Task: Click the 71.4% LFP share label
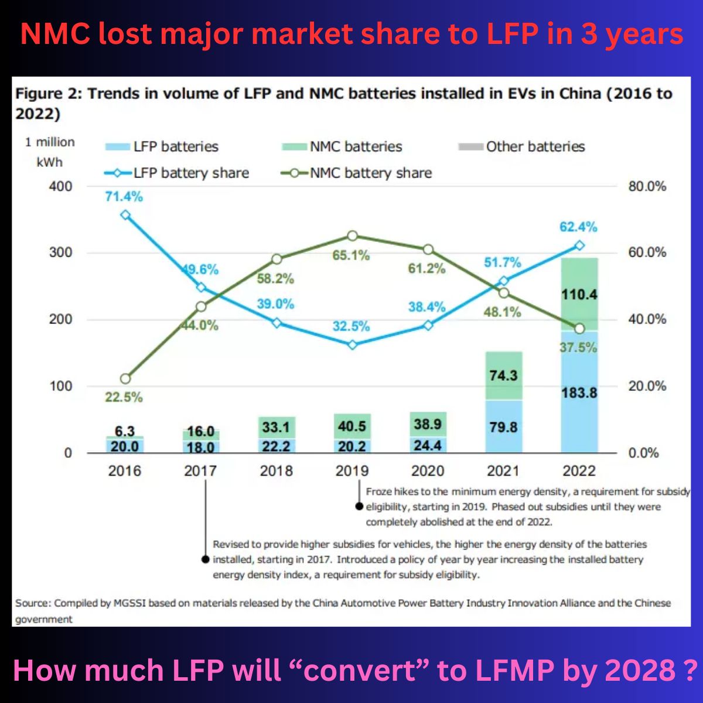(x=124, y=197)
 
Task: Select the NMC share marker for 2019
(x=352, y=236)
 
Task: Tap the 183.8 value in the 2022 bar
(x=579, y=393)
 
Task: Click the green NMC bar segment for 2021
(x=503, y=376)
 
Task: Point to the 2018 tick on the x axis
(x=276, y=471)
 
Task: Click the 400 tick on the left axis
(x=61, y=186)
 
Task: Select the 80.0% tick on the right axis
(x=647, y=186)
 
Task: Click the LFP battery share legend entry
(x=176, y=173)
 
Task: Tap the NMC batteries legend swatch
(x=294, y=146)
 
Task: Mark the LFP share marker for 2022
(x=579, y=245)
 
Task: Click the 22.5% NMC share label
(x=124, y=397)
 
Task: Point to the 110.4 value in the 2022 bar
(x=579, y=294)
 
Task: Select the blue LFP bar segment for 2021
(x=503, y=426)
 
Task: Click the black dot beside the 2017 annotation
(x=205, y=559)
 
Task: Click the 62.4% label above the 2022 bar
(x=578, y=227)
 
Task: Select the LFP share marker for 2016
(x=125, y=215)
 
